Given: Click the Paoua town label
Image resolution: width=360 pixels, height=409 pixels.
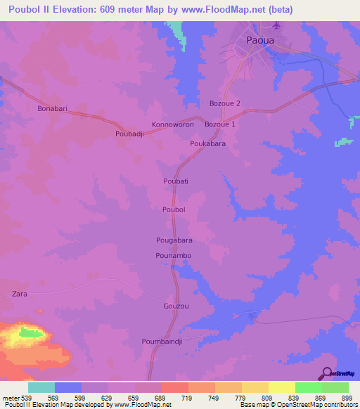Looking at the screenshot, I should [260, 40].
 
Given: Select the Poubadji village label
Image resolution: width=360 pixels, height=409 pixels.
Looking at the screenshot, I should [129, 133].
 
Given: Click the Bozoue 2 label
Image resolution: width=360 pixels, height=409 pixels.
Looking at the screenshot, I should [225, 103].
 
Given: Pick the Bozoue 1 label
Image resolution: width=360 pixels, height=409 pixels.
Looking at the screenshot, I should [220, 124].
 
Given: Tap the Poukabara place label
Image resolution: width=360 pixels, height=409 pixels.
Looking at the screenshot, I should [207, 143].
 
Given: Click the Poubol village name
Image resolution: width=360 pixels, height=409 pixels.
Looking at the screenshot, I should [174, 209].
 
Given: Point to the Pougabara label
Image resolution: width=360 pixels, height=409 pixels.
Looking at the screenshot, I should [174, 240].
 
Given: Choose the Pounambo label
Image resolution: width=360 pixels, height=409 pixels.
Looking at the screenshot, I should [174, 256].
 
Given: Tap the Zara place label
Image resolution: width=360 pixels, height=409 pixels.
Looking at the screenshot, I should [20, 294].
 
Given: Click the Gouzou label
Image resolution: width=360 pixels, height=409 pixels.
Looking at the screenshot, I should [176, 307].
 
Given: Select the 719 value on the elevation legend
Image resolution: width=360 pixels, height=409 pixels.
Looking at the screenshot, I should [187, 397].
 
